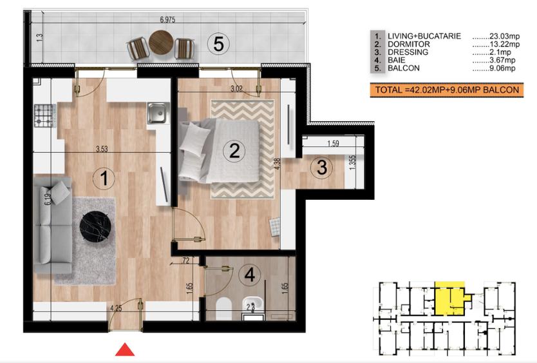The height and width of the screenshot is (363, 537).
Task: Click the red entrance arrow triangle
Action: pyautogui.click(x=125, y=349)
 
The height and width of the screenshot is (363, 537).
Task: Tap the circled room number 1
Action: pyautogui.click(x=104, y=178)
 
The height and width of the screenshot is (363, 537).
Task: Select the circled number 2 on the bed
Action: pyautogui.click(x=234, y=150)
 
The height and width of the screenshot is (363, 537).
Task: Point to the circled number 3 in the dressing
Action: pyautogui.click(x=321, y=167)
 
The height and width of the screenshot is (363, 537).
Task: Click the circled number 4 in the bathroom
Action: pyautogui.click(x=250, y=275)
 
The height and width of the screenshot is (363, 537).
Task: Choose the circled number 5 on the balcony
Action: pyautogui.click(x=218, y=44)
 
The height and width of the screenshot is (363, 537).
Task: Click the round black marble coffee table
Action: pyautogui.click(x=95, y=226)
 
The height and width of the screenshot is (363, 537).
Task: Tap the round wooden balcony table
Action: pyautogui.click(x=161, y=42)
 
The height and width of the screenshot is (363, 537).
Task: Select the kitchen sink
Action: pyautogui.click(x=158, y=113)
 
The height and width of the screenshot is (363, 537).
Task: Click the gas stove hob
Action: pyautogui.click(x=44, y=115)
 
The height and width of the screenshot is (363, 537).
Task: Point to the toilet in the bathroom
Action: pyautogui.click(x=224, y=308)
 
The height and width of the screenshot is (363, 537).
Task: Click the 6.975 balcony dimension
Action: pyautogui.click(x=167, y=19)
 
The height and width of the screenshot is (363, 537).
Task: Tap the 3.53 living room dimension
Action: pyautogui.click(x=102, y=149)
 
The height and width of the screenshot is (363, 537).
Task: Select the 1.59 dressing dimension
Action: pyautogui.click(x=333, y=143)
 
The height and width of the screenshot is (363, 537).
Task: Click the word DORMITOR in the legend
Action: pyautogui.click(x=409, y=44)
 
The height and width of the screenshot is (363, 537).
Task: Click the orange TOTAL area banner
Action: pyautogui.click(x=447, y=90)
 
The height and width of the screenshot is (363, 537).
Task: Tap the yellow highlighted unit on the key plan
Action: pyautogui.click(x=450, y=299)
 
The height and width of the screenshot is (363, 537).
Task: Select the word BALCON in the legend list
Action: pyautogui.click(x=404, y=68)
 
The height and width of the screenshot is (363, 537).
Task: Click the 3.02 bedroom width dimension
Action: pyautogui.click(x=236, y=88)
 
